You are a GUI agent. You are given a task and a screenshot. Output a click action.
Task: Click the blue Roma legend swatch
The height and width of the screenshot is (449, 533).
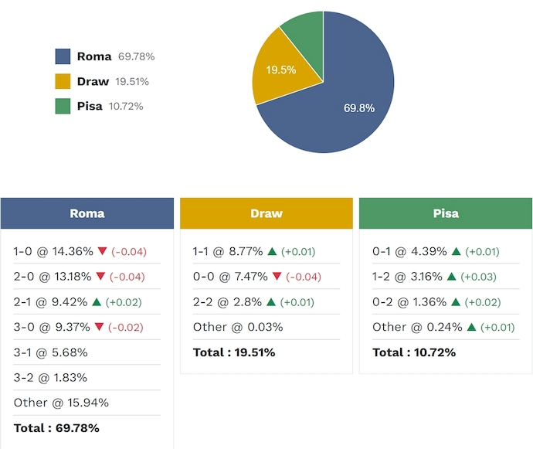[63, 56]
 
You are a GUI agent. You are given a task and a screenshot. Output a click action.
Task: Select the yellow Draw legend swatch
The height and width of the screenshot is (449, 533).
[63, 81]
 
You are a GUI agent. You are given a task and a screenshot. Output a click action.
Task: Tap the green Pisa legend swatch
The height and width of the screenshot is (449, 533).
[63, 106]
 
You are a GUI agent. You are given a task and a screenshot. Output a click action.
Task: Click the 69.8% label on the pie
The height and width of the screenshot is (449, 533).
[359, 108]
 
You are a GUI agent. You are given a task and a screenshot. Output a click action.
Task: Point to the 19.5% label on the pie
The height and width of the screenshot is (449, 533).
[280, 70]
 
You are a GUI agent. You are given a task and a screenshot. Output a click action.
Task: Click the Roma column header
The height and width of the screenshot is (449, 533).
[87, 213]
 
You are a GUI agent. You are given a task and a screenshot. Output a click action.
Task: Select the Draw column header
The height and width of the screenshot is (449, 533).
[266, 213]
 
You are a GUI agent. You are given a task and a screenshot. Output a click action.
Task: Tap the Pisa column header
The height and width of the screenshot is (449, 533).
[446, 213]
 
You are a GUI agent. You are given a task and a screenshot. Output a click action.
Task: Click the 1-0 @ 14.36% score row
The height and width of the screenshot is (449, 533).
[53, 251]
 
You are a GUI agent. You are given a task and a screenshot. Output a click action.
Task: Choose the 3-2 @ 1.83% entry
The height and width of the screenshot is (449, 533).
[50, 377]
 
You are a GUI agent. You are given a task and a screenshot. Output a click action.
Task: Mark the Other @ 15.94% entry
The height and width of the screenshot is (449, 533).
[61, 403]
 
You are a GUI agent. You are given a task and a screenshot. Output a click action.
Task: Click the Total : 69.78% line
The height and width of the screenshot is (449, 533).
[56, 427]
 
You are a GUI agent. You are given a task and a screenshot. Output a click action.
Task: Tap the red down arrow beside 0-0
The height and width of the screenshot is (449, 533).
[277, 277]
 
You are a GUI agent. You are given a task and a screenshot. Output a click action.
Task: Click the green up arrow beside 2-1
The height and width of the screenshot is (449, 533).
[96, 302]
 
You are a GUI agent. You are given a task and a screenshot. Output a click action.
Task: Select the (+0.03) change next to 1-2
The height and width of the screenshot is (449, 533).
[478, 277]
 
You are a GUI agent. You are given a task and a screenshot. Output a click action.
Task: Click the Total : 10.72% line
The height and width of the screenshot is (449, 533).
[414, 352]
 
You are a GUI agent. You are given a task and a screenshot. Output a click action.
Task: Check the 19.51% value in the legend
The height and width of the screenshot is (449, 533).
[132, 81]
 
